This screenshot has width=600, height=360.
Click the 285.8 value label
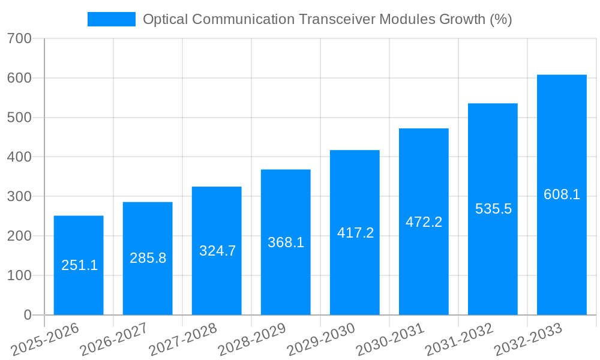tap(148, 258)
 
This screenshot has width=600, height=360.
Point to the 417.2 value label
tap(355, 233)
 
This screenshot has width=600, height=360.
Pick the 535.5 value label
tap(493, 209)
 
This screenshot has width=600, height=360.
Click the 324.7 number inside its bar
tap(217, 251)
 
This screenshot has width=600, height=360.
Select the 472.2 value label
tap(424, 222)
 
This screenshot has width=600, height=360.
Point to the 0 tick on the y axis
tap(27, 315)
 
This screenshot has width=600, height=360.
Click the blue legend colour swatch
tap(112, 19)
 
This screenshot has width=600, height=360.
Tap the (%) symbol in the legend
tap(500, 19)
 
